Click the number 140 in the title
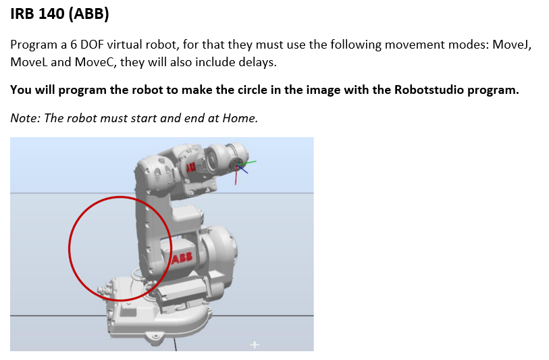52,14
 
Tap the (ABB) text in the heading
89,14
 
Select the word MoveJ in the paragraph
512,45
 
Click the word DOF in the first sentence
92,45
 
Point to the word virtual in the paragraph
124,45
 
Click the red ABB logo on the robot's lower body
182,258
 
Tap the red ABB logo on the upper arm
191,168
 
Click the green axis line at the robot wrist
247,163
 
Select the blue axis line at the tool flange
242,169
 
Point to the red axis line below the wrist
236,175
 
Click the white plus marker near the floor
255,345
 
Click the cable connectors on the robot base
103,290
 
